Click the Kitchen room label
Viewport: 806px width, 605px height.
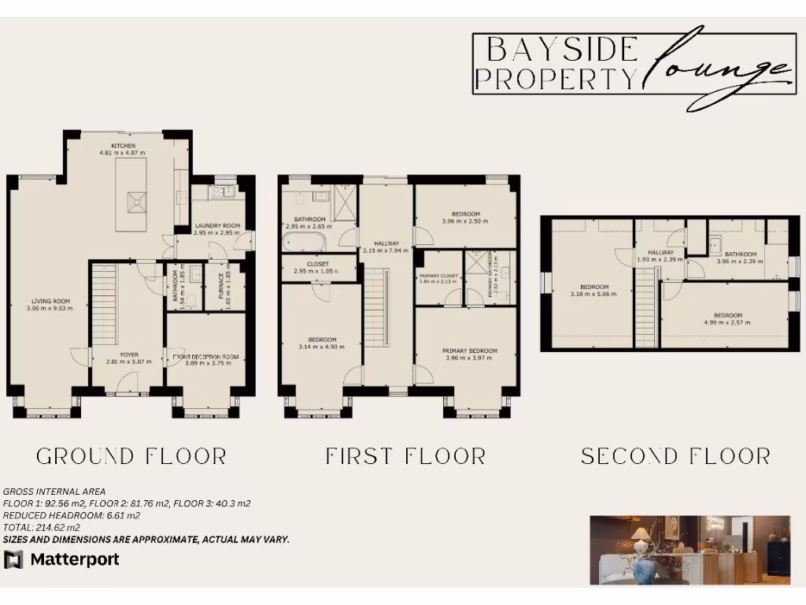[x=124, y=147]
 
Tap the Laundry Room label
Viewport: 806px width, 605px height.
[x=217, y=226]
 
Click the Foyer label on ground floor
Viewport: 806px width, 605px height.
[x=129, y=355]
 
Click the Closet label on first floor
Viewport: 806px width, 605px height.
[x=318, y=264]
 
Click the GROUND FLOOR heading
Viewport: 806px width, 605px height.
[x=131, y=456]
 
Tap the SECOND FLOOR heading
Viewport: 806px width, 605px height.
[x=675, y=456]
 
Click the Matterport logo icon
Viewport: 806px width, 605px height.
[x=13, y=559]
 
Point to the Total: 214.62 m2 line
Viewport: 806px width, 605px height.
[x=42, y=528]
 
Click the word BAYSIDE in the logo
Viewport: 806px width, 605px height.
[x=561, y=50]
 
